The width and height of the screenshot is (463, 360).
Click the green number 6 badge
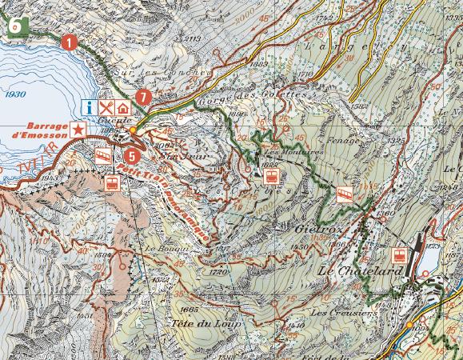click(x=15, y=25)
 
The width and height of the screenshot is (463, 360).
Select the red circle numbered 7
click(x=142, y=97)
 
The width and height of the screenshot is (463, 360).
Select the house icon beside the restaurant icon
click(x=123, y=106)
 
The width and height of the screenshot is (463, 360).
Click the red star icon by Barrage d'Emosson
click(x=78, y=129)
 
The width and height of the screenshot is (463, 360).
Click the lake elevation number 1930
click(x=14, y=94)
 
